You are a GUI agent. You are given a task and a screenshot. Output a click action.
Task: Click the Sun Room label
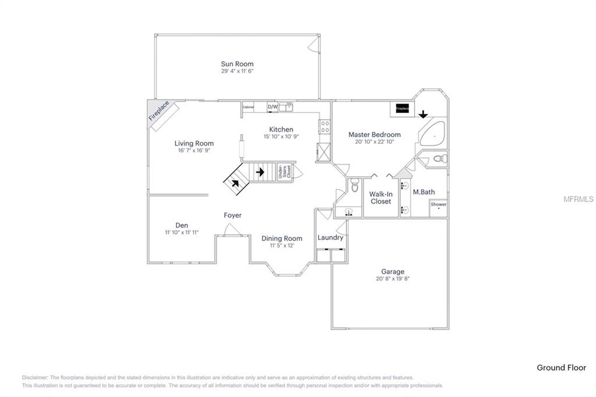click(237, 64)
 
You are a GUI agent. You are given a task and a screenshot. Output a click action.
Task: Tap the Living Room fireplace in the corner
click(158, 111)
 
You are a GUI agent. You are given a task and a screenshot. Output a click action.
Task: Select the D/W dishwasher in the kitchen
click(272, 107)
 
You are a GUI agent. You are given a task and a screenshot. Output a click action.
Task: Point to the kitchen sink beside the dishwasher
click(286, 107)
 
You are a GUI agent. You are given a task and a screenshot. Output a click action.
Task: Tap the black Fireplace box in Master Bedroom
click(402, 108)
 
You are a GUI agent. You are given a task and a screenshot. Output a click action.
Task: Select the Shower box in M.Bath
click(438, 205)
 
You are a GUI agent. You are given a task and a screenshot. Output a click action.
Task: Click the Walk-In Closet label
click(380, 197)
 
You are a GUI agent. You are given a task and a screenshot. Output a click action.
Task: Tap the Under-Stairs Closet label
click(284, 171)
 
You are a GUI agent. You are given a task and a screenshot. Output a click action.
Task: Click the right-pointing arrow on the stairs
click(260, 172)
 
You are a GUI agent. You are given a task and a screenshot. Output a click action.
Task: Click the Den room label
click(182, 225)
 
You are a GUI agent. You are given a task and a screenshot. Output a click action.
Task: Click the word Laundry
click(330, 238)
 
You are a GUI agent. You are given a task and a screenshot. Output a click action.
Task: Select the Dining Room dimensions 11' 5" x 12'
click(282, 246)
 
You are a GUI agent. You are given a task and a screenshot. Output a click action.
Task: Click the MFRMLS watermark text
click(579, 199)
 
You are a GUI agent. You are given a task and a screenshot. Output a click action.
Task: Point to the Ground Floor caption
click(561, 367)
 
